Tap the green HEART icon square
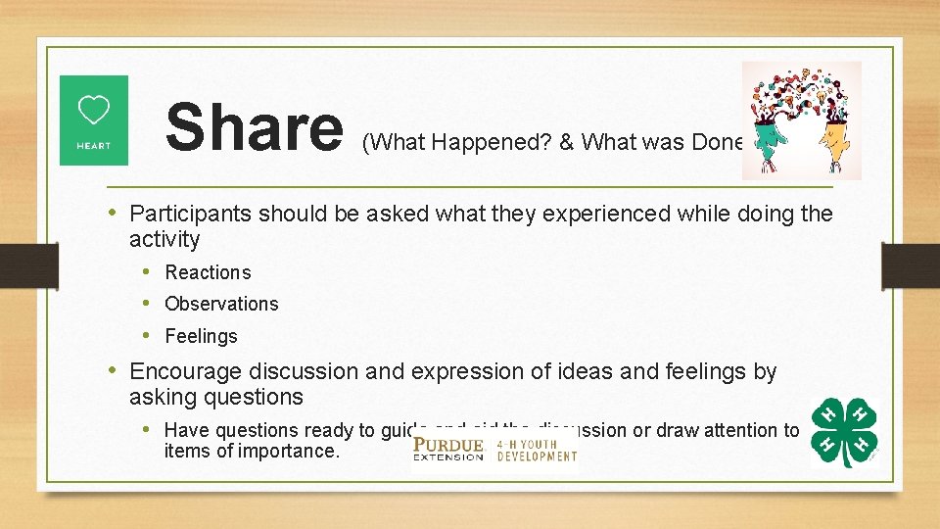pyautogui.click(x=94, y=120)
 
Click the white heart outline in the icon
pyautogui.click(x=94, y=111)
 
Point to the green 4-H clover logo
pyautogui.click(x=844, y=432)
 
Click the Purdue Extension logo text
pyautogui.click(x=448, y=450)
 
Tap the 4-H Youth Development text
pyautogui.click(x=536, y=450)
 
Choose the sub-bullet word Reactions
pyautogui.click(x=208, y=272)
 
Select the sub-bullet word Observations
pyautogui.click(x=221, y=304)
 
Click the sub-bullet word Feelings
pyautogui.click(x=201, y=336)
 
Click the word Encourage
pyautogui.click(x=186, y=372)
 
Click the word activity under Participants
pyautogui.click(x=164, y=239)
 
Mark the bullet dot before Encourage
pyautogui.click(x=116, y=370)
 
